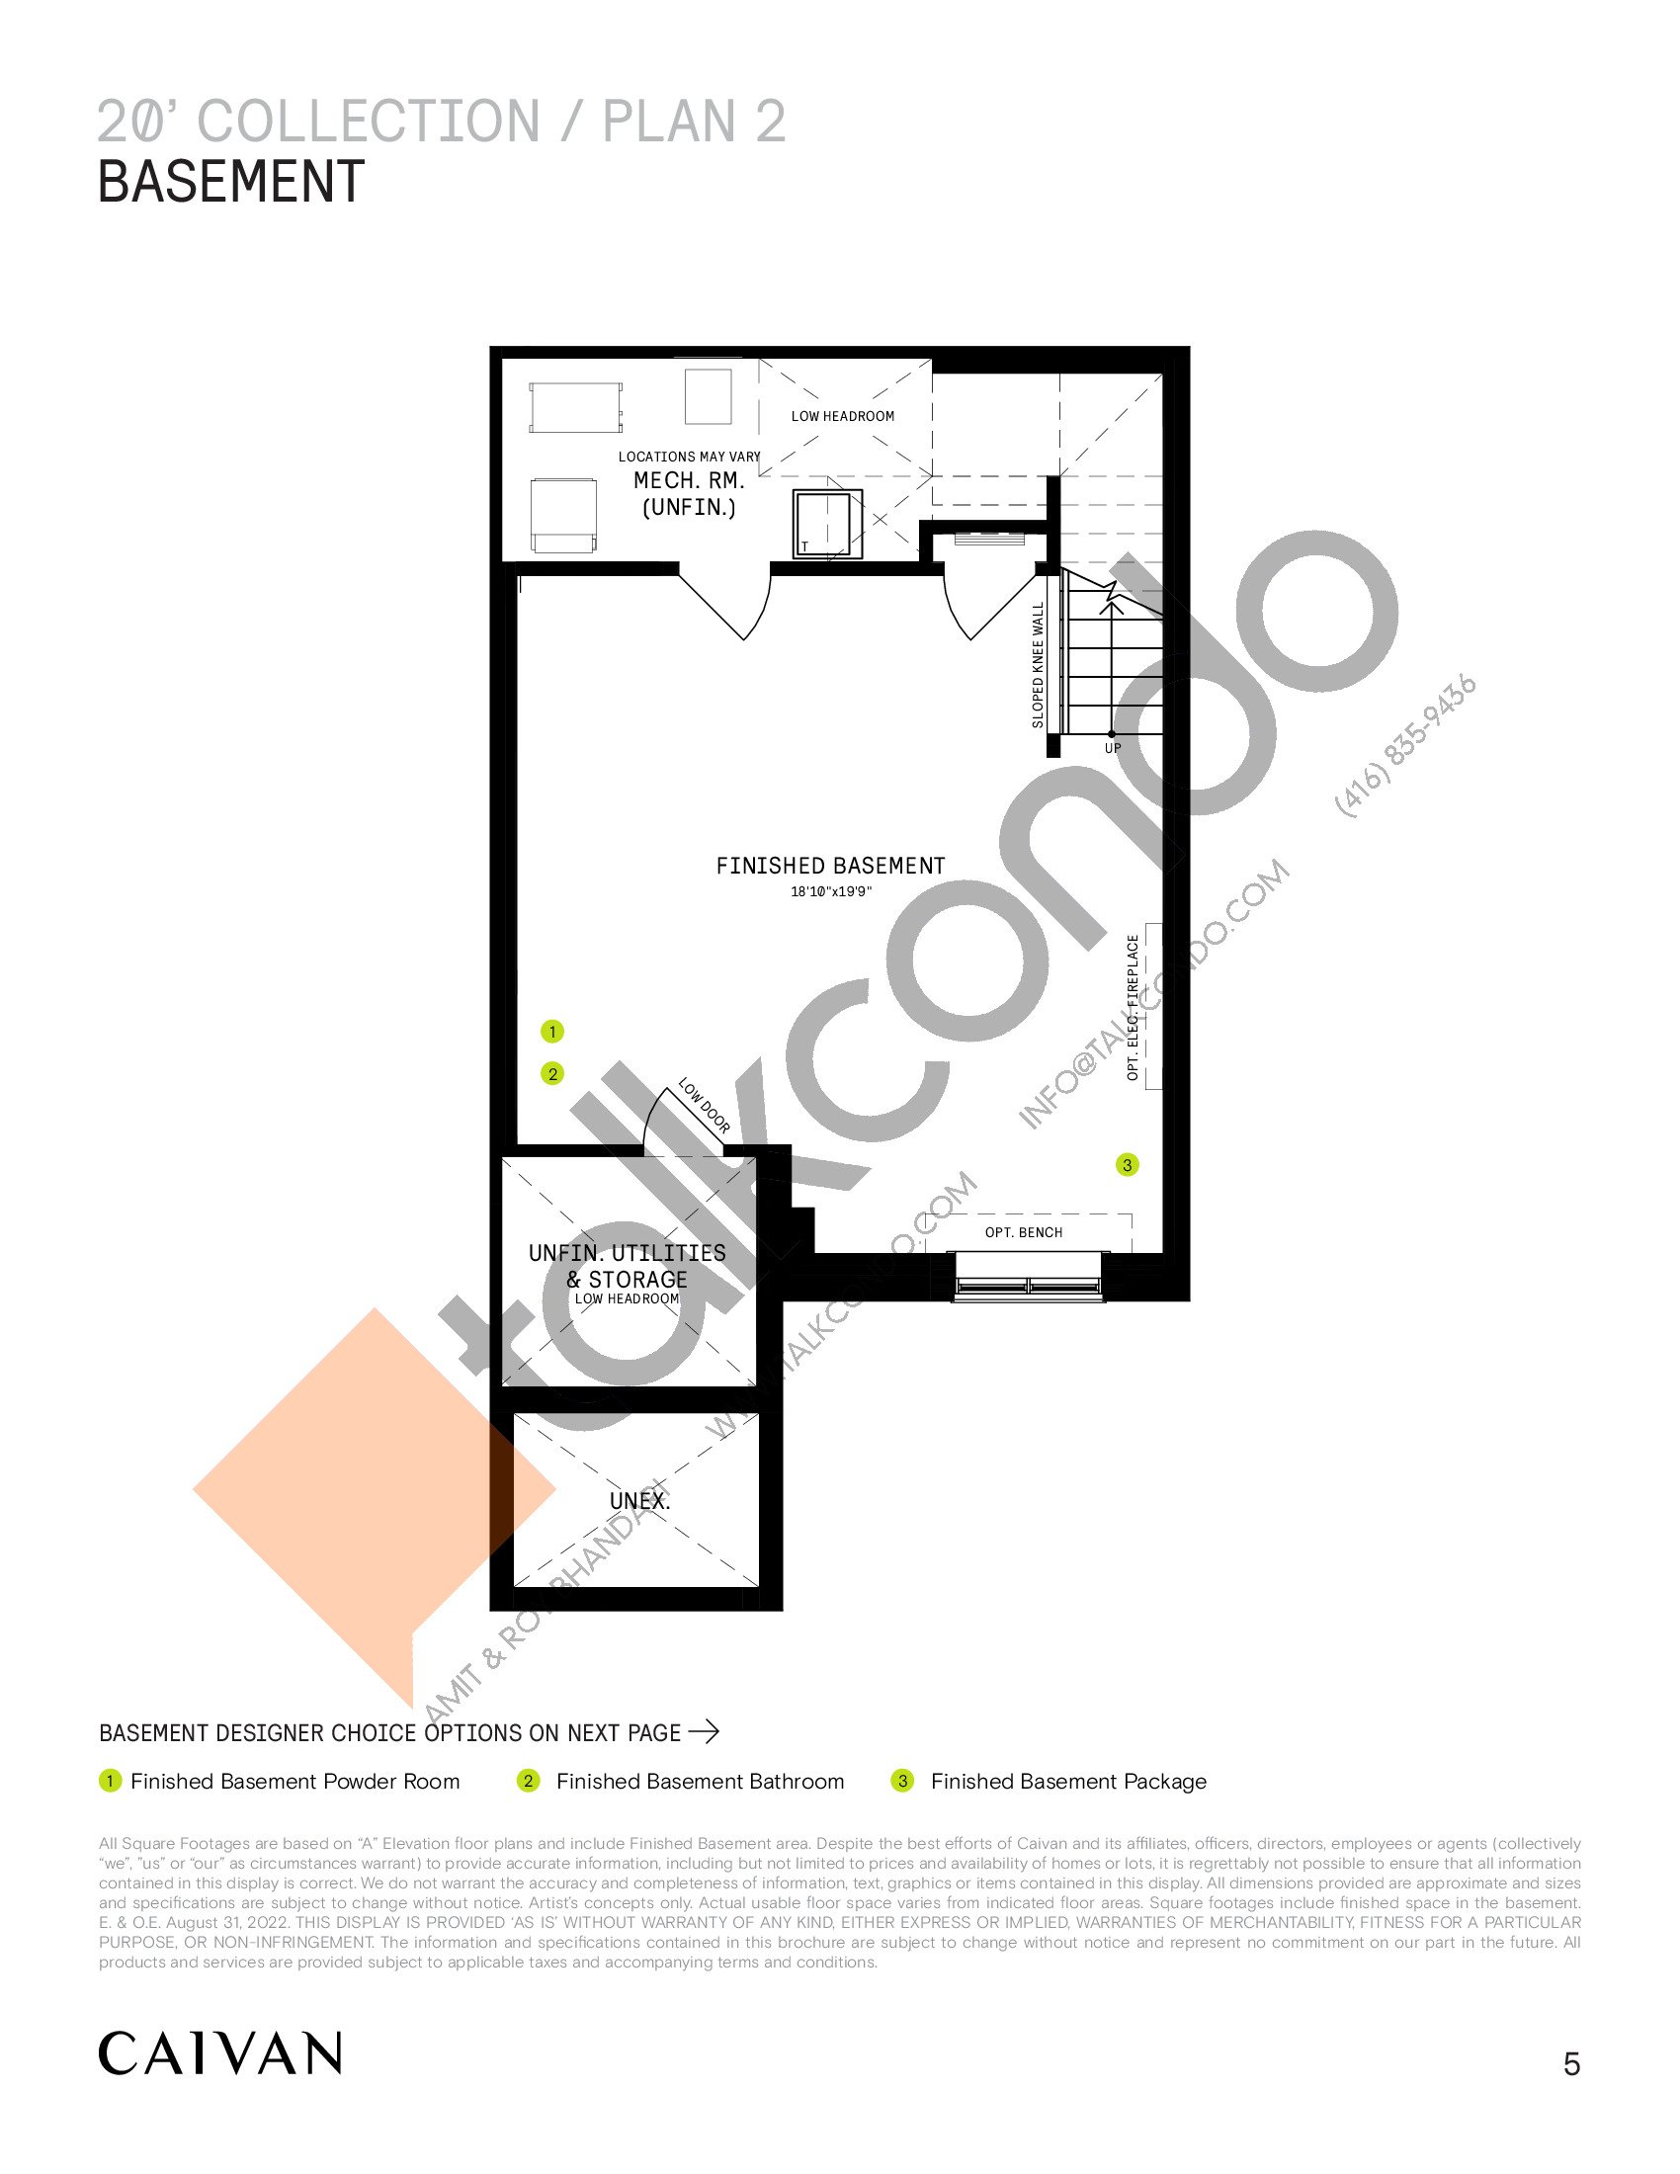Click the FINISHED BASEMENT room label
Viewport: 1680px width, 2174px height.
coord(830,866)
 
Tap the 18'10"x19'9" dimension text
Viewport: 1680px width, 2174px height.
coord(831,892)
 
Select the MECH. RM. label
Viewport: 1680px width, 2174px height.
coord(689,481)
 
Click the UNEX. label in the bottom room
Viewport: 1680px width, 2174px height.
coord(640,1501)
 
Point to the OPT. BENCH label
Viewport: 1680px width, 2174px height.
coord(1023,1232)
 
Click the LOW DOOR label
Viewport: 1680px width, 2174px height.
coord(705,1106)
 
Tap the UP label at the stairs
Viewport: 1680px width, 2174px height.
coord(1113,749)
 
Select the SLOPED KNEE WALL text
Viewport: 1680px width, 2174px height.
coord(1038,665)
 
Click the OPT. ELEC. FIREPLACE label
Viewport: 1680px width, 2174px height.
coord(1133,1006)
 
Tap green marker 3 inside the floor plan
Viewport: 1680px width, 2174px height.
coord(1127,1165)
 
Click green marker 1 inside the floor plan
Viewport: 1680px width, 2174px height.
coord(552,1032)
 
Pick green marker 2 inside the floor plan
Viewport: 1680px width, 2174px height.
coord(552,1073)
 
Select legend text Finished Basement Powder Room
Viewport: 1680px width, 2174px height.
coord(295,1781)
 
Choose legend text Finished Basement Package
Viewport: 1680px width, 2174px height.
coord(1068,1781)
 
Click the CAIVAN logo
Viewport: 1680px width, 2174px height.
coord(220,2053)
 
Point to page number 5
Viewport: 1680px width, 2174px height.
coord(1571,2064)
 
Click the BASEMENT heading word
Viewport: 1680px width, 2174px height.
coord(231,182)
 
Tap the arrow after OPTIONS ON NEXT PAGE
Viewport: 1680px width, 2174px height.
coord(704,1732)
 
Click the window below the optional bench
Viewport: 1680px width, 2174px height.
coord(1029,1276)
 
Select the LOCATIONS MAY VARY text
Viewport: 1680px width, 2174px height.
coord(689,457)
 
